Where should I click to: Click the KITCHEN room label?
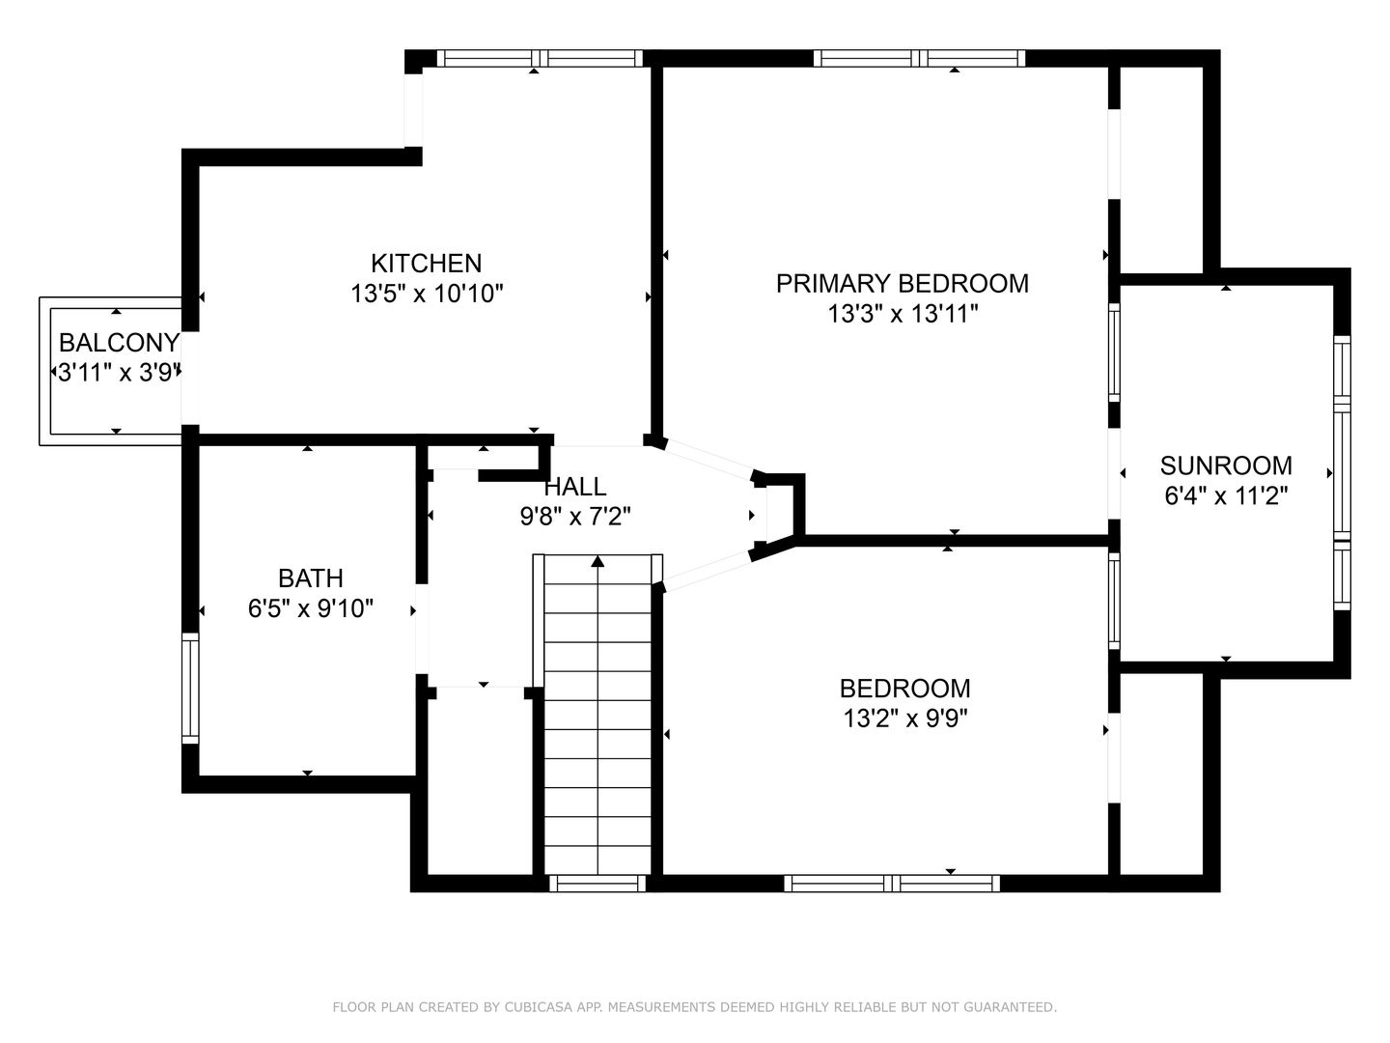coord(427,263)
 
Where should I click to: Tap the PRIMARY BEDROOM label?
coord(903,283)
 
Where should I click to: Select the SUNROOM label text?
coord(1226,465)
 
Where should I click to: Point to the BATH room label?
coord(310,578)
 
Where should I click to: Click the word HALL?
coord(575,487)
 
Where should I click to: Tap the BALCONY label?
coord(119,343)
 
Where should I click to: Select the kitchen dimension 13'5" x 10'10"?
coord(427,294)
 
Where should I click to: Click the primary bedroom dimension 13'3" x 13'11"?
coord(903,314)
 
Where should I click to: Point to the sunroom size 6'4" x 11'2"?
coord(1227,495)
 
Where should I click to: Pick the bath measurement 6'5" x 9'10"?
coord(310,608)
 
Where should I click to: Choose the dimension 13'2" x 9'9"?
coord(904,719)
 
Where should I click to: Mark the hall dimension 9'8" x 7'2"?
coord(575,517)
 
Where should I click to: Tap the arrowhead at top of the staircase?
coord(598,561)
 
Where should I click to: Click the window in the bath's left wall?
coord(190,689)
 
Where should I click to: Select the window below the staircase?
coord(598,884)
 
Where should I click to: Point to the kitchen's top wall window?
coord(541,58)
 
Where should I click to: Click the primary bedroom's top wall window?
coord(919,58)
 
